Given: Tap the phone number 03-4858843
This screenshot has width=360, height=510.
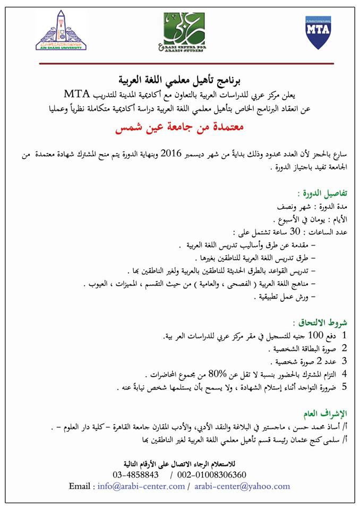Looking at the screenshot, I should click(x=136, y=474).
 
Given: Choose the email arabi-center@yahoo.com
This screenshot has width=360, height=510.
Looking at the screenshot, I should click(x=242, y=486).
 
